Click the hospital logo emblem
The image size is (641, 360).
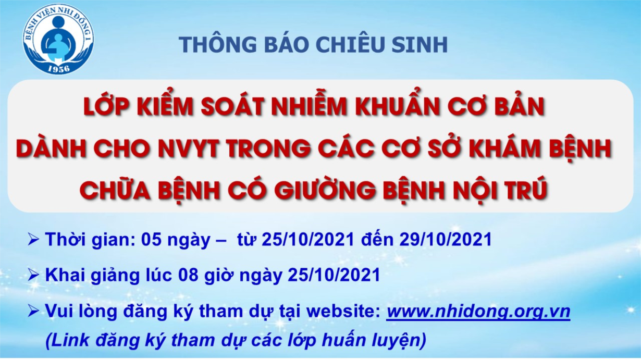tap(58, 40)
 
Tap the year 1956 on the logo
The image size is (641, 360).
tap(58, 69)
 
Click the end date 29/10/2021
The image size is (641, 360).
tap(445, 239)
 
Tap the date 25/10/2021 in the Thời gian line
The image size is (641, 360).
tap(308, 239)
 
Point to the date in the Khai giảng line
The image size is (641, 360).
tap(334, 275)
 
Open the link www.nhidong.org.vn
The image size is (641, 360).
tap(478, 312)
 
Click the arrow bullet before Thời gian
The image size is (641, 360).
tap(33, 240)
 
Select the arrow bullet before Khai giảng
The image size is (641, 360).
tap(33, 275)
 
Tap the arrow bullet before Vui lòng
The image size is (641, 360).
tap(33, 312)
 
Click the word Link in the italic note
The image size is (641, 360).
tap(69, 341)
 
